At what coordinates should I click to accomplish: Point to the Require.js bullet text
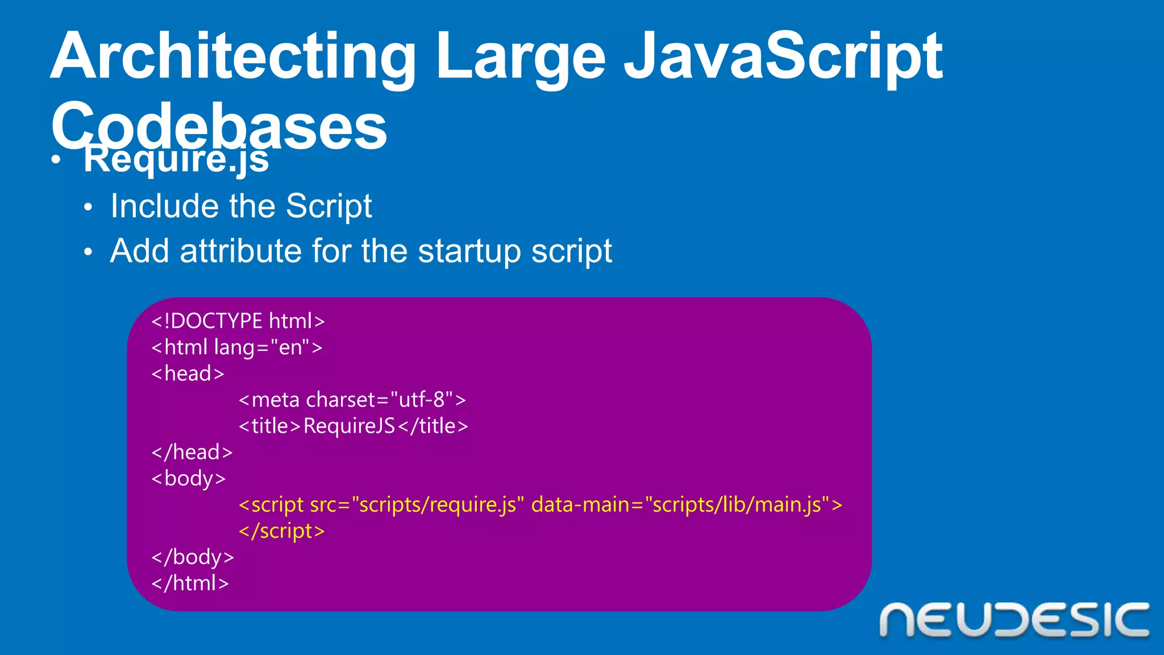[176, 159]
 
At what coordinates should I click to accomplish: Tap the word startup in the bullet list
[469, 252]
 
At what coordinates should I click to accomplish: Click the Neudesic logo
[1014, 620]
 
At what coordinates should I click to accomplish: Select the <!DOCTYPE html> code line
[238, 321]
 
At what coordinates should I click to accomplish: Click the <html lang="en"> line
[237, 347]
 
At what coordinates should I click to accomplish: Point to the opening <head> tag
[188, 374]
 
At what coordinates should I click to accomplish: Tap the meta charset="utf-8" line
[352, 400]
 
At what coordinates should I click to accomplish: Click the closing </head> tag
[192, 452]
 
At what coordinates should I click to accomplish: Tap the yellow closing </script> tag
[282, 531]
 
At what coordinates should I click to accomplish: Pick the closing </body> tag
[193, 557]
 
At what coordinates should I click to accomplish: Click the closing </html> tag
[190, 583]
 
